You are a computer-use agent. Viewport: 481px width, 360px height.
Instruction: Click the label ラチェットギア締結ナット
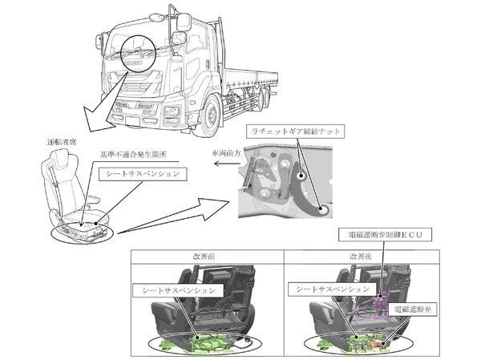(x=295, y=131)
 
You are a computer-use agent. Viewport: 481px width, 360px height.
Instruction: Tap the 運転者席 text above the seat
(x=62, y=142)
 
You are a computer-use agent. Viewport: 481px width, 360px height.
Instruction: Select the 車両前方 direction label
(x=226, y=153)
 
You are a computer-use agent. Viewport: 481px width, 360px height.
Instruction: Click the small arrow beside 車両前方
(x=227, y=164)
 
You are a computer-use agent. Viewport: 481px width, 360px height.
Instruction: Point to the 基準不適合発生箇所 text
(x=133, y=154)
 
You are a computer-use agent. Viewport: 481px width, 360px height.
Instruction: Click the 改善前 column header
(x=204, y=257)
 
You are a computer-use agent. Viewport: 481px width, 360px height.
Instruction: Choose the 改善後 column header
(x=361, y=257)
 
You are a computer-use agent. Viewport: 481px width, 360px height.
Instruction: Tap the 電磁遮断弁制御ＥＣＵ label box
(x=386, y=235)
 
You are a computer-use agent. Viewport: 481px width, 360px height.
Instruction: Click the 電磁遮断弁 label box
(x=413, y=309)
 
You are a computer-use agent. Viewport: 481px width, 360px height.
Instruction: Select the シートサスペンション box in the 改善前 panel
(x=179, y=290)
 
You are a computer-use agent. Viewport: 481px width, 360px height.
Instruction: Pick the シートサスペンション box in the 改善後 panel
(x=333, y=289)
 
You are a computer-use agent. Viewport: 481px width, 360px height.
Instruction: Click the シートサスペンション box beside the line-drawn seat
(x=143, y=174)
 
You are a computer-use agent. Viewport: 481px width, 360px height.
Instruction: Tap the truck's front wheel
(x=211, y=115)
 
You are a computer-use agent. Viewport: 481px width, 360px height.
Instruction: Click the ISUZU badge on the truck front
(x=135, y=63)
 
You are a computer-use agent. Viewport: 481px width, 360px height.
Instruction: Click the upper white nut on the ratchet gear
(x=301, y=176)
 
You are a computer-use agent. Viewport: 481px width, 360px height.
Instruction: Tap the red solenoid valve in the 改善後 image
(x=376, y=345)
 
